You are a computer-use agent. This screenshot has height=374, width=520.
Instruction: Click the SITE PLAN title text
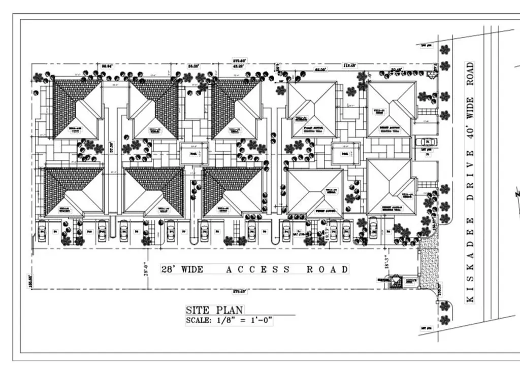(214, 310)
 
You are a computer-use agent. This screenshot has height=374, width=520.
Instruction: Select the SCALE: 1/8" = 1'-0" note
(230, 321)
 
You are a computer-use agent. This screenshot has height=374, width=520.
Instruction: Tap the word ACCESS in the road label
(258, 269)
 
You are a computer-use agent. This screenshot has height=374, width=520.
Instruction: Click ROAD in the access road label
(328, 269)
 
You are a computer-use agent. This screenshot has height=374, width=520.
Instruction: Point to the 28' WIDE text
(182, 269)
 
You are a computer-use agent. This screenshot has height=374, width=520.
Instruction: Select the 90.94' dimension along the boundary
(106, 66)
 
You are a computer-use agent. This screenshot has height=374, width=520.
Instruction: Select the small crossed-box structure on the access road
(395, 282)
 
